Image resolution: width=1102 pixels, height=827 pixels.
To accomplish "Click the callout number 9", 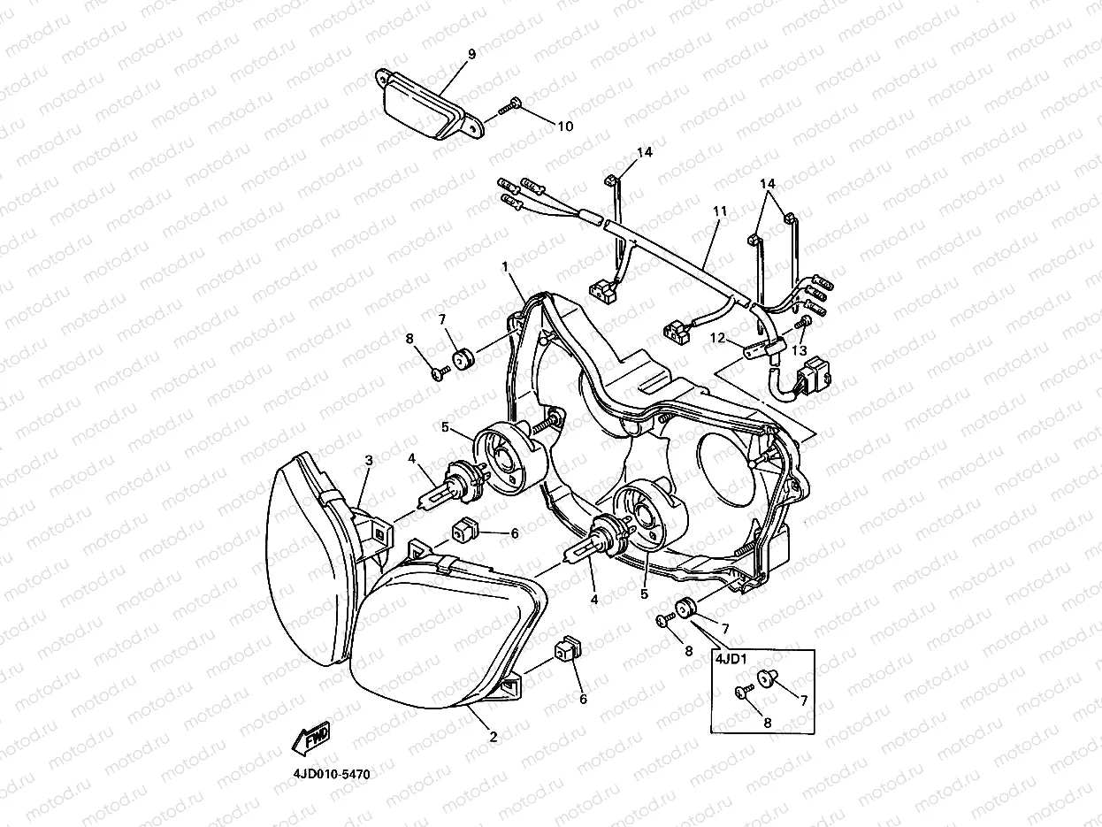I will pos(471,54).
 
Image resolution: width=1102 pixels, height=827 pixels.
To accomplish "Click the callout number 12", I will pos(718,337).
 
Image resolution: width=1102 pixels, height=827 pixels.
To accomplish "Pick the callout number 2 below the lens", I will pos(494,736).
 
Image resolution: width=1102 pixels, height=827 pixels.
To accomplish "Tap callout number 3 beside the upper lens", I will pos(369,459).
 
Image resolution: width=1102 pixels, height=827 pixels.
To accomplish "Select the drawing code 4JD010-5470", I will pos(332,774).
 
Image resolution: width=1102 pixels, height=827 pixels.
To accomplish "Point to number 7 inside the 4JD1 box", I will pos(803,701).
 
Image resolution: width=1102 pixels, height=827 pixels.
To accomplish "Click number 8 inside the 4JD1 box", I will pos(767,722).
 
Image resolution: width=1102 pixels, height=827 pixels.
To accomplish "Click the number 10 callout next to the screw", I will pos(564,126).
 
